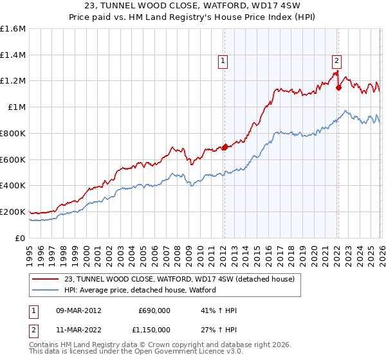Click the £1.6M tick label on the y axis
pyautogui.click(x=13, y=29)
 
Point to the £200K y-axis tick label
pyautogui.click(x=13, y=212)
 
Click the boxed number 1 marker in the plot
pyautogui.click(x=223, y=61)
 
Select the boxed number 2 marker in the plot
pyautogui.click(x=336, y=61)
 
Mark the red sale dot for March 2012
pyautogui.click(x=225, y=147)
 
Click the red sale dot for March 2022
pyautogui.click(x=338, y=87)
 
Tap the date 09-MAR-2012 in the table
pyautogui.click(x=78, y=310)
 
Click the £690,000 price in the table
pyautogui.click(x=154, y=310)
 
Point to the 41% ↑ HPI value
pyautogui.click(x=219, y=310)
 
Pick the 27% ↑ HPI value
pyautogui.click(x=219, y=330)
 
